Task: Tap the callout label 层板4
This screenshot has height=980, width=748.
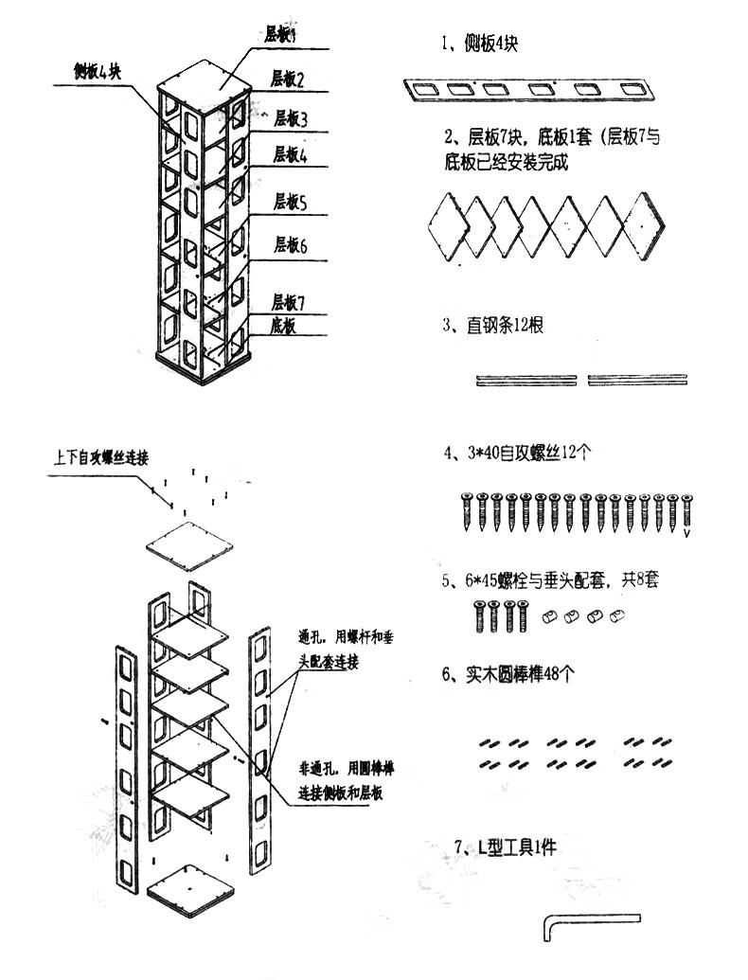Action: point(291,154)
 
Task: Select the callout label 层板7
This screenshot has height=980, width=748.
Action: point(289,302)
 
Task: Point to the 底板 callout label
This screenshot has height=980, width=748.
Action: point(284,326)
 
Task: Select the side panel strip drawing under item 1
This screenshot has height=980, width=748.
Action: point(529,90)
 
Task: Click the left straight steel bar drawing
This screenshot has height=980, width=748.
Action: point(526,380)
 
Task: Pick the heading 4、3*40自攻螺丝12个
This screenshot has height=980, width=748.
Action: point(518,454)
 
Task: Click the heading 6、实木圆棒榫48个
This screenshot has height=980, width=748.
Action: point(508,674)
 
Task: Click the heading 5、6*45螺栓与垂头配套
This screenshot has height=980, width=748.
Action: point(551,579)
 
